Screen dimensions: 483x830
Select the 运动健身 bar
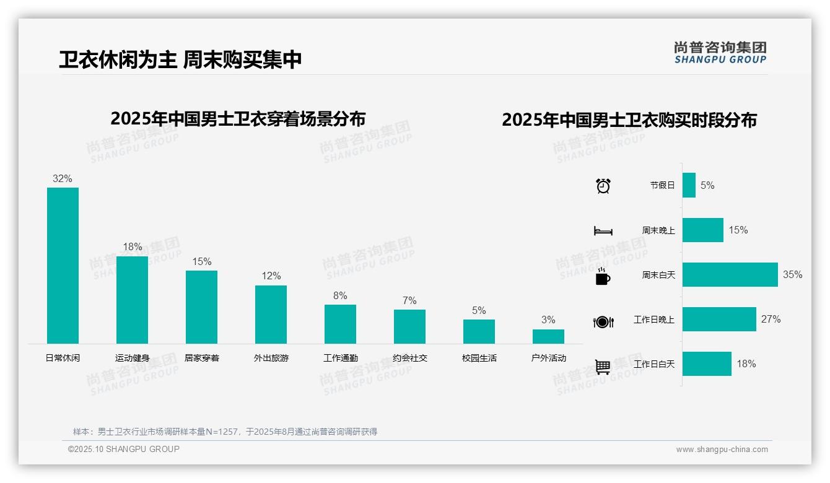point(132,300)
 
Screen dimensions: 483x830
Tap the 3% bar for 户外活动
point(548,336)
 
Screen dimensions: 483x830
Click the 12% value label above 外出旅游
point(271,276)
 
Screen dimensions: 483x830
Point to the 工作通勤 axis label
point(340,358)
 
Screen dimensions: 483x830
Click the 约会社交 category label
point(409,358)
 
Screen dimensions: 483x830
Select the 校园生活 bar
point(479,331)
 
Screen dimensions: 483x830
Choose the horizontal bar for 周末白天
point(730,274)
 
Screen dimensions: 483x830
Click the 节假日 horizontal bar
point(689,185)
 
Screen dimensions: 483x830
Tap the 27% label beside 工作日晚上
point(771,319)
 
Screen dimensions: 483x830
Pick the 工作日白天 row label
point(653,364)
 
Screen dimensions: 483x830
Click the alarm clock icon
point(603,185)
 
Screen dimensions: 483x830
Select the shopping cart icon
point(603,367)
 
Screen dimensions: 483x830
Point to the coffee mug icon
point(603,277)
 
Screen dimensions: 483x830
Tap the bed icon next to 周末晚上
point(603,231)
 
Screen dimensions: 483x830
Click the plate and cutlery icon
point(603,321)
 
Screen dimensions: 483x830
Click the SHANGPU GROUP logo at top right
point(720,53)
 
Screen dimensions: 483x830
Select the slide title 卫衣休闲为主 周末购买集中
point(180,59)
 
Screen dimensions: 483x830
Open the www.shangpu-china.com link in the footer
point(722,450)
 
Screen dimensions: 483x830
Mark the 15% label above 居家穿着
point(201,261)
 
